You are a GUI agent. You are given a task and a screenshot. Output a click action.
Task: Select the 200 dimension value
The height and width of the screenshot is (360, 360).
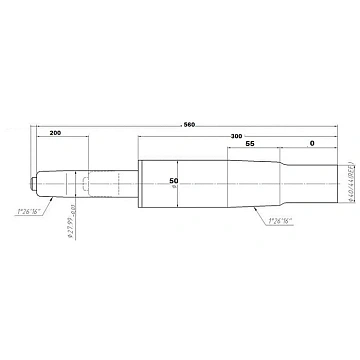(x=54, y=132)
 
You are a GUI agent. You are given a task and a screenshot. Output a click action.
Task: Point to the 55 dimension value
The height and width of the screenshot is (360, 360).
(x=249, y=145)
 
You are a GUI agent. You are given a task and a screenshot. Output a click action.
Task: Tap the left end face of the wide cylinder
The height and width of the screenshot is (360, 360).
(x=137, y=183)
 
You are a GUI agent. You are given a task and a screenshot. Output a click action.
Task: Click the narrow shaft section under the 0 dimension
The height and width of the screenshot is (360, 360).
(x=312, y=183)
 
